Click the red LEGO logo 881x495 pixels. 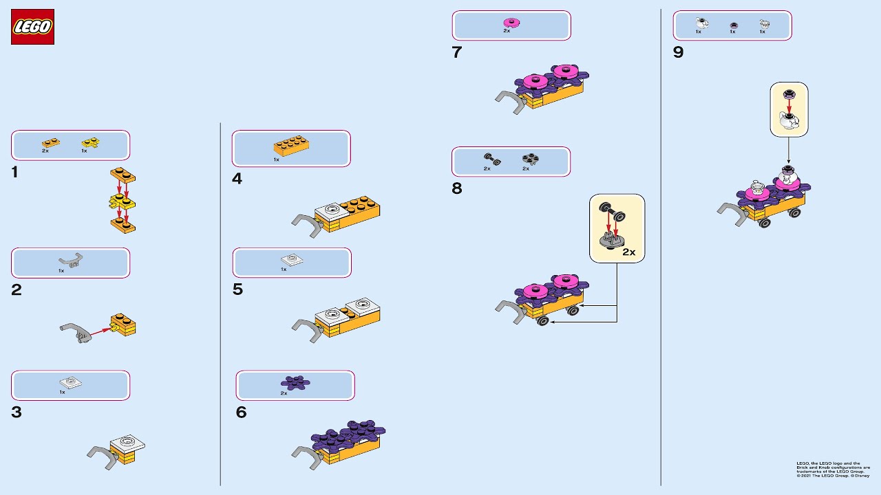coord(32,27)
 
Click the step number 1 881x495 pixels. coord(15,173)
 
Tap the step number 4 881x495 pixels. coord(237,179)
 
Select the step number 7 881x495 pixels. coord(457,53)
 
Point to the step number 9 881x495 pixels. coord(678,53)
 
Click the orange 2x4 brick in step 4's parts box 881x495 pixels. coord(291,146)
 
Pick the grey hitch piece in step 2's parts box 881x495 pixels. coord(71,260)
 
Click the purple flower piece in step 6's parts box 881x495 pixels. coord(295,382)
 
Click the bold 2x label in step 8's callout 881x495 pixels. coord(628,252)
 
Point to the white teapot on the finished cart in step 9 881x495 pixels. coord(789,178)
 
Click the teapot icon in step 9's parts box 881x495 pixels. coord(701,23)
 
